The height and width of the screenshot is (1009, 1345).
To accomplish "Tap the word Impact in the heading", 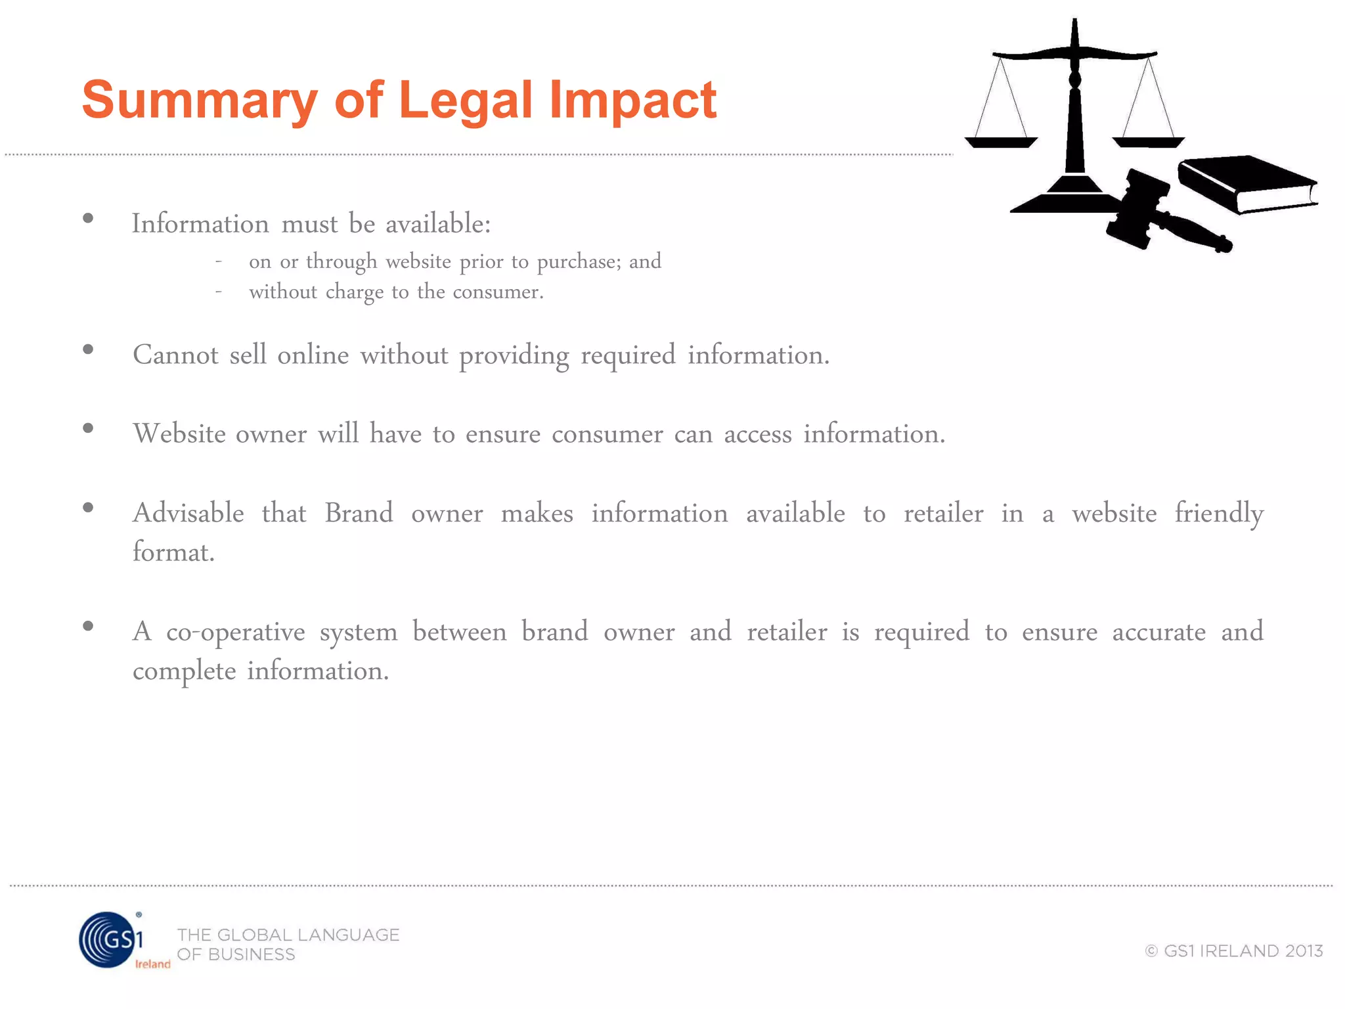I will coord(632,101).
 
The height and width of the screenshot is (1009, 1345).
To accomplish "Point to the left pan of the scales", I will coord(1000,141).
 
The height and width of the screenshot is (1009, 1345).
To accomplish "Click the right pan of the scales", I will coord(1148,141).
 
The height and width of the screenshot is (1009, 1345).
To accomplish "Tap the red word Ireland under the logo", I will coord(152,964).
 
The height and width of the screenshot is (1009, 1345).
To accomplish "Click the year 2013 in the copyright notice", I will coord(1304,951).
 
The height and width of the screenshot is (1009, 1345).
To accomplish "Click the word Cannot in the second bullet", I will coord(175,355).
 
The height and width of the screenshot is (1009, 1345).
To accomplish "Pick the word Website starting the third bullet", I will coord(179,434).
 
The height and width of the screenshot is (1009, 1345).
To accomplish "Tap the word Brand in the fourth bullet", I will coord(359,513).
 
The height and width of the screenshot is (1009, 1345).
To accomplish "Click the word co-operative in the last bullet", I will coord(235,632).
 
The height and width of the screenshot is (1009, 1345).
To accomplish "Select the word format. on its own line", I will coord(173,552).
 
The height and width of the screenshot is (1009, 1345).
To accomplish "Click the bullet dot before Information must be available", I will coord(88,219).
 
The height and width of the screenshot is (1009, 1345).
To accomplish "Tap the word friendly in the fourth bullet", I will coord(1218,514).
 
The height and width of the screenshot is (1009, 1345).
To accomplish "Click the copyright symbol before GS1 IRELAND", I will coord(1151,951).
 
